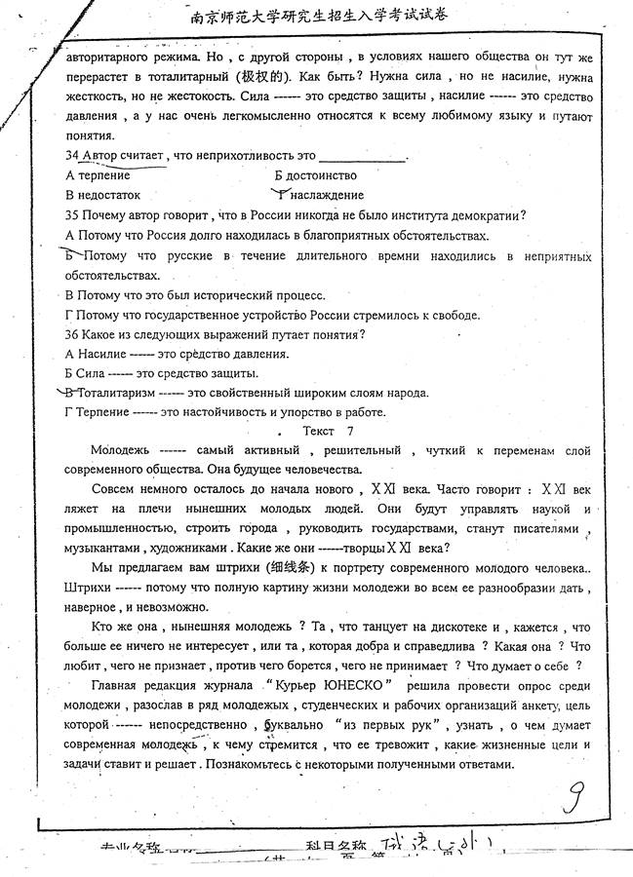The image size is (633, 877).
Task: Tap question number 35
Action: (71, 215)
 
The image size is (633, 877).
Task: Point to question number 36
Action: (71, 334)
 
